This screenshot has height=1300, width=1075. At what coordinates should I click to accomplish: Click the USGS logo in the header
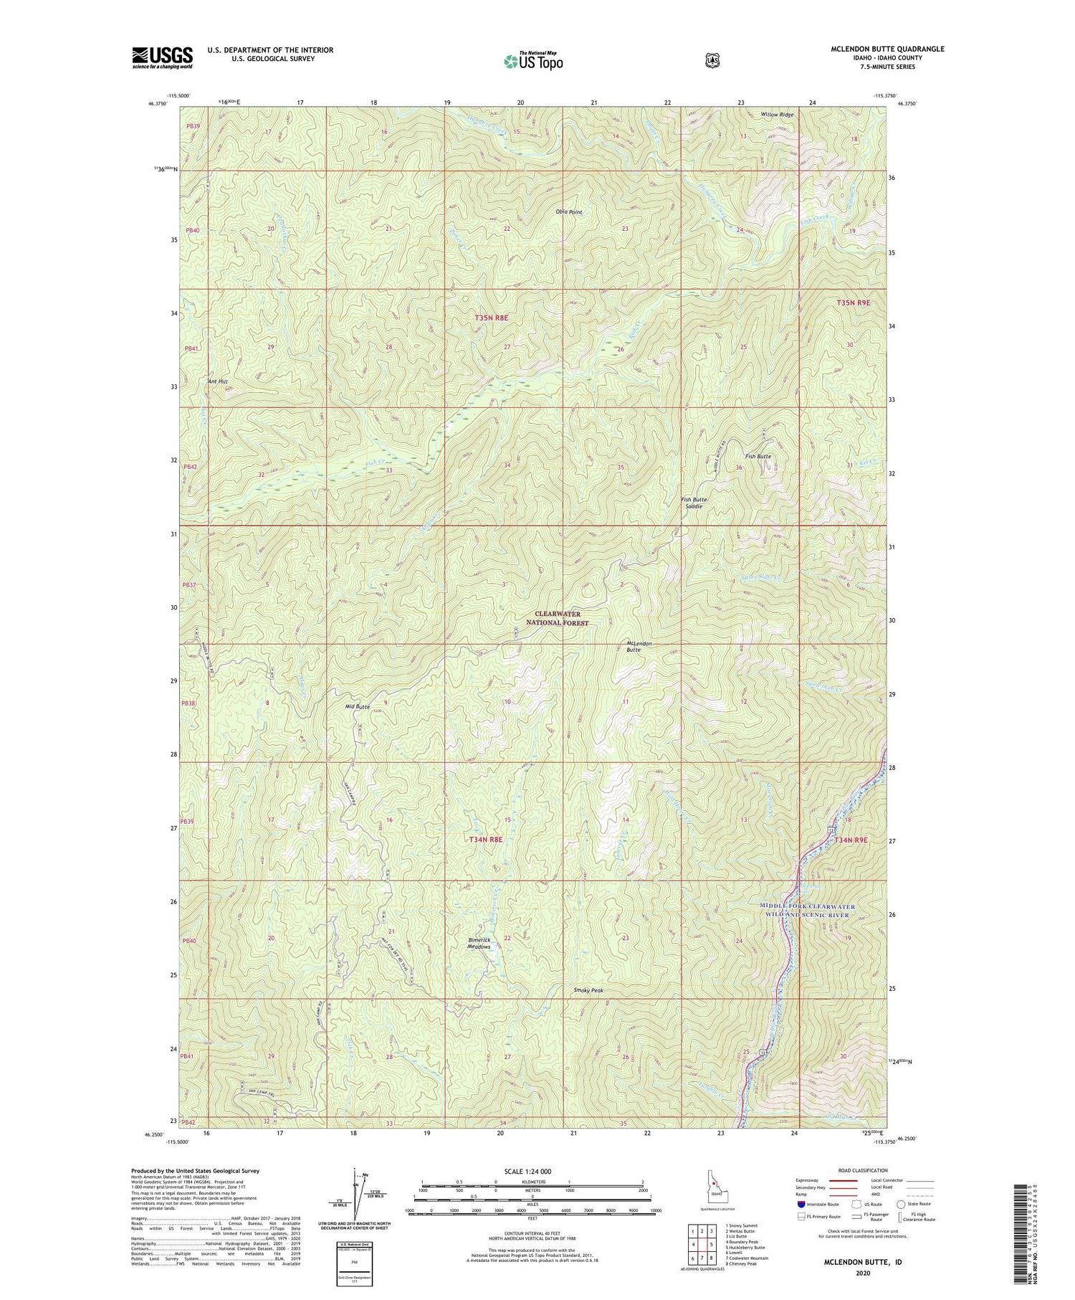163,57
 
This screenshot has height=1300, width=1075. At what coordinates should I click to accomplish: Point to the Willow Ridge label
778,115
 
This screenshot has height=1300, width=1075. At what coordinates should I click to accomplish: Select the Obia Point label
569,212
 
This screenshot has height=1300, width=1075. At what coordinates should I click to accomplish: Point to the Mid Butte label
357,706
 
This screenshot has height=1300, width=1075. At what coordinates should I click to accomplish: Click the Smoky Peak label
588,990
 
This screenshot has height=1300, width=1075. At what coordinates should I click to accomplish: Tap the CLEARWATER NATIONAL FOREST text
561,618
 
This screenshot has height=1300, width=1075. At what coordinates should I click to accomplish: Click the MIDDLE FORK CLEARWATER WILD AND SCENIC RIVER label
807,911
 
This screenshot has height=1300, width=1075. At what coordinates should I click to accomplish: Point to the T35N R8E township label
500,317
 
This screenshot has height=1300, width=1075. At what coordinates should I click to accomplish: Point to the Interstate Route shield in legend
801,1204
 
